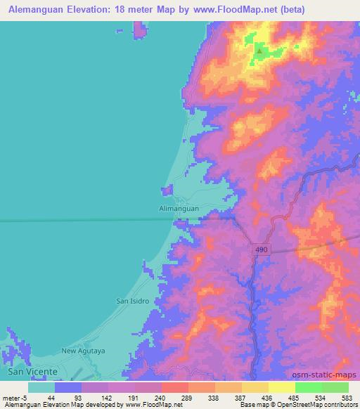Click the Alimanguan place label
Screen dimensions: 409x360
pyautogui.click(x=179, y=209)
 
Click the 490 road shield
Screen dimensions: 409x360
pyautogui.click(x=259, y=249)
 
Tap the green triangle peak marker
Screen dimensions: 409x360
pyautogui.click(x=259, y=51)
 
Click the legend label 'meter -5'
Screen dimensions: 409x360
pyautogui.click(x=15, y=397)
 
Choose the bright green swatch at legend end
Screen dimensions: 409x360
pyautogui.click(x=335, y=387)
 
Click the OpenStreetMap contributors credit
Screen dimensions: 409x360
pyautogui.click(x=319, y=405)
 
